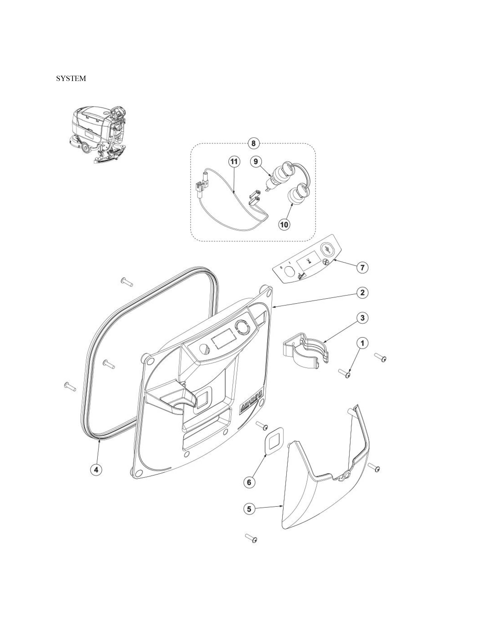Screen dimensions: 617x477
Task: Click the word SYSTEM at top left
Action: click(71, 79)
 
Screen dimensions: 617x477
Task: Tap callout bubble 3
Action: click(363, 318)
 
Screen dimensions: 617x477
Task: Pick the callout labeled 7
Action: click(363, 267)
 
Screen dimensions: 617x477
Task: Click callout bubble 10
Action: click(284, 224)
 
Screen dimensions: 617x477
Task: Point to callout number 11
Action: click(234, 161)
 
